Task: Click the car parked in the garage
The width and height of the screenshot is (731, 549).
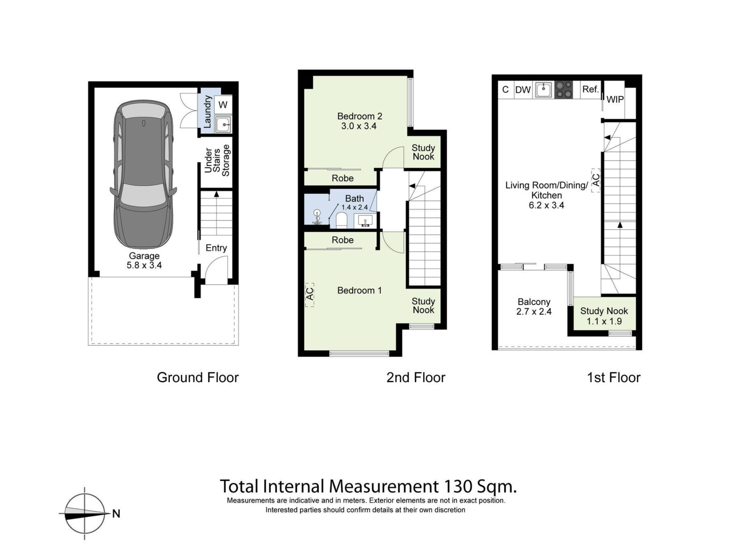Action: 144,175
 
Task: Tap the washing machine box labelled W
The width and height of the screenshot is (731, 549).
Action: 223,104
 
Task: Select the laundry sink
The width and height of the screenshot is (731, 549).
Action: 223,124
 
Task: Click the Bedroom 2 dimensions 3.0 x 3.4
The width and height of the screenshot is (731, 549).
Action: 359,126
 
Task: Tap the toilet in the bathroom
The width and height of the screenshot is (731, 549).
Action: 341,220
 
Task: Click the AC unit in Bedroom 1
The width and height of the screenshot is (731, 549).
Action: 310,295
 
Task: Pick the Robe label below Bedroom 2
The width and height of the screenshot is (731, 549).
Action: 342,178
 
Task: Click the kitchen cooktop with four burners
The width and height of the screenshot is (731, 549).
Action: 564,90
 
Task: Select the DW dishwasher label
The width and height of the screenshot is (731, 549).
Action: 523,90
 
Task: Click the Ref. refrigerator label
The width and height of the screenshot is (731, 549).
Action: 591,89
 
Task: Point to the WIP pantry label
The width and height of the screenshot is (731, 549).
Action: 615,99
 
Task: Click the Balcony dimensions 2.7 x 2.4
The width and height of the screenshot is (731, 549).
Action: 534,311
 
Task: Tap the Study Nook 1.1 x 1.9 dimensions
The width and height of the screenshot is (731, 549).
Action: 604,321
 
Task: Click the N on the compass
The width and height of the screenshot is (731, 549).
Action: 116,514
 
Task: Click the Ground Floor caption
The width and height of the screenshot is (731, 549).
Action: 198,378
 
